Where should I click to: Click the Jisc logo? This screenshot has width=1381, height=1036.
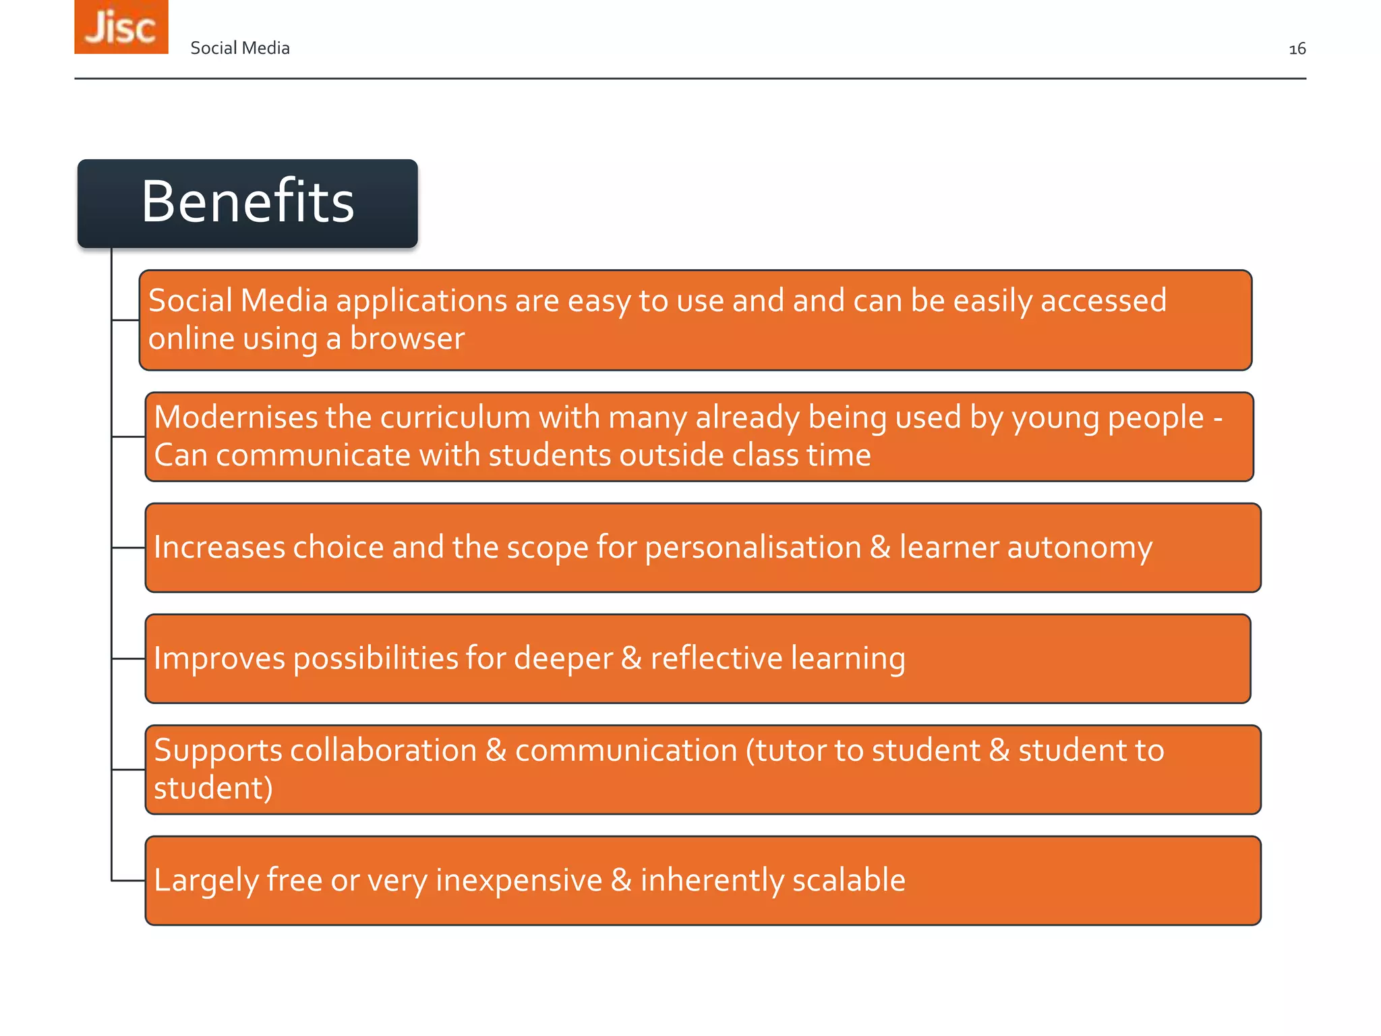tap(121, 27)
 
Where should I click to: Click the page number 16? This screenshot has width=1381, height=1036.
tap(1297, 49)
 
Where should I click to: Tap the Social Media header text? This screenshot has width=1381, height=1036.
tap(240, 48)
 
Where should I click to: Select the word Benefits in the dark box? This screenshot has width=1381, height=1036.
tap(247, 202)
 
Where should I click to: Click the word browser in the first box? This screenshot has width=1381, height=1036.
tap(407, 339)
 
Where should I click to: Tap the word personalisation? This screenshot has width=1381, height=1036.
tap(753, 548)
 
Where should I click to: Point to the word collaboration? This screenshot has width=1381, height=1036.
tap(383, 751)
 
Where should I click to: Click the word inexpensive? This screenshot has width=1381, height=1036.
tap(519, 880)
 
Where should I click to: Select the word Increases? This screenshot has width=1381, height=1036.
tap(219, 548)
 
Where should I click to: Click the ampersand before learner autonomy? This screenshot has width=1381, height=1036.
tap(880, 548)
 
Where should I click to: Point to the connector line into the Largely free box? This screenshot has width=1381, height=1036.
tap(128, 880)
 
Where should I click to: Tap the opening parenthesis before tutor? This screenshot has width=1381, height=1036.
tap(750, 751)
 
